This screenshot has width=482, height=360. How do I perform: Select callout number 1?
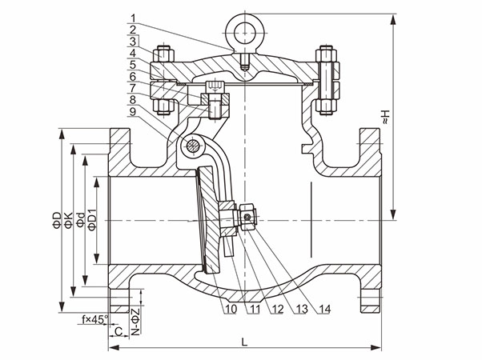click(131, 17)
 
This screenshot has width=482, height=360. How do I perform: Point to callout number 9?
click(131, 113)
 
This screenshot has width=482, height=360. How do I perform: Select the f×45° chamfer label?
click(94, 319)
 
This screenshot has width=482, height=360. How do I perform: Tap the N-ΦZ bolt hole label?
click(136, 318)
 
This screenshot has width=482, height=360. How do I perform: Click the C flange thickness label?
click(117, 330)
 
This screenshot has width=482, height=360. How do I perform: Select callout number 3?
click(131, 41)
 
